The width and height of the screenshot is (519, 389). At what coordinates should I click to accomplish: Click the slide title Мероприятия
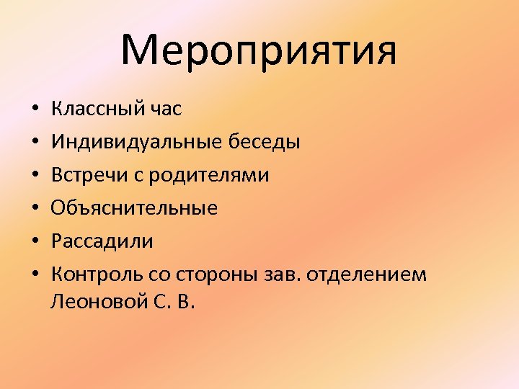coord(259,50)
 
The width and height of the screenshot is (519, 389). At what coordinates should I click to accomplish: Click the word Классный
coord(96,109)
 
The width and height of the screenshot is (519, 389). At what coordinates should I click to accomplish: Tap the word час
coord(164,109)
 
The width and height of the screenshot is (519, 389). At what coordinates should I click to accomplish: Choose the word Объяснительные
coord(134,208)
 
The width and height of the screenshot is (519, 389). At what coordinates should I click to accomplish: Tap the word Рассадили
coord(102,241)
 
